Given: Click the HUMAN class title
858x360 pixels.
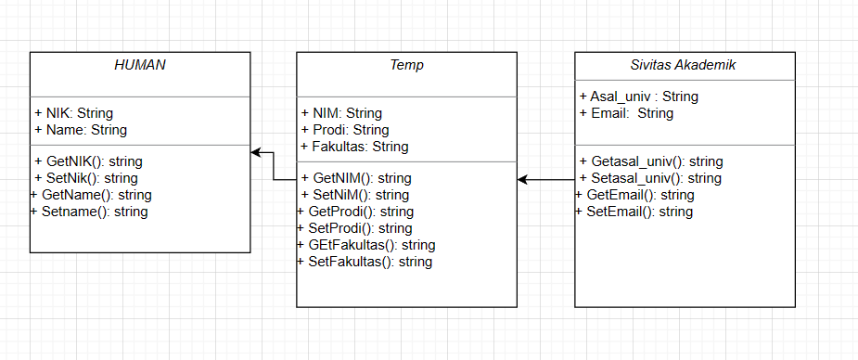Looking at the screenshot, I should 139,65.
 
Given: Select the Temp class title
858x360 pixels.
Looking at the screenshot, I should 406,65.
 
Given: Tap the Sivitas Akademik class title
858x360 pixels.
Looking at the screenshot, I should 684,65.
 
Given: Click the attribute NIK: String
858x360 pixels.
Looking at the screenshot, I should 74,113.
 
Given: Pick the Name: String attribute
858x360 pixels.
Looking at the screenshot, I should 81,130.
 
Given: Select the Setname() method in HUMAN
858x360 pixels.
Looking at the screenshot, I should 89,212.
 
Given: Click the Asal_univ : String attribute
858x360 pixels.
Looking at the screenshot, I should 638,96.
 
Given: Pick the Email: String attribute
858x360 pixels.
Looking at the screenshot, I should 626,113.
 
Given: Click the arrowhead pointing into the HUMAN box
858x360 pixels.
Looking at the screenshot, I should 256,152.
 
